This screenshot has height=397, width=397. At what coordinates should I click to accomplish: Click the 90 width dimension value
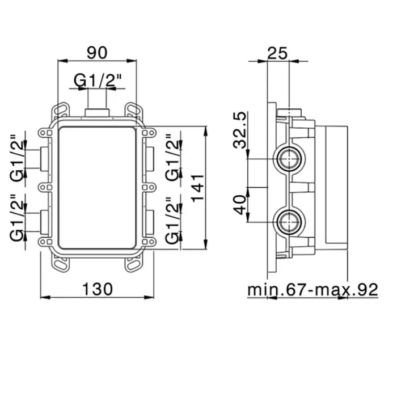pos(97,53)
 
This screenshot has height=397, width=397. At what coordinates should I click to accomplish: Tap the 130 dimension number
pos(98,289)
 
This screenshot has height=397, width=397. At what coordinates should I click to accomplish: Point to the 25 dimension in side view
pos(277,53)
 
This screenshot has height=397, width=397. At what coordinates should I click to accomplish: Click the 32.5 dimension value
pos(239,130)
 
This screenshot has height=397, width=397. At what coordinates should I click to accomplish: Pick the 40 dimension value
pos(239,205)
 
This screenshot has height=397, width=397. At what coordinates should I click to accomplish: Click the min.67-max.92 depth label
pos(312,289)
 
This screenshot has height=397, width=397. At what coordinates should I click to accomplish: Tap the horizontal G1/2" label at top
pos(98,81)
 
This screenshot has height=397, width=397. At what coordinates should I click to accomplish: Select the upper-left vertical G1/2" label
pos(16,158)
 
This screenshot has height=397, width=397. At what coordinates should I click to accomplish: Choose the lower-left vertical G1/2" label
pos(16,218)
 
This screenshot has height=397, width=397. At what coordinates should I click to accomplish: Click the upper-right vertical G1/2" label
pos(172,158)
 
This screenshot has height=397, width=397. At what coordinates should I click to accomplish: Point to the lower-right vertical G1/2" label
pos(172,221)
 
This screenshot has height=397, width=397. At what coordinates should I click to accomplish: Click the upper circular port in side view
pos(289,159)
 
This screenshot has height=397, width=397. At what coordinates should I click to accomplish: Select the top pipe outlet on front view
pos(97,112)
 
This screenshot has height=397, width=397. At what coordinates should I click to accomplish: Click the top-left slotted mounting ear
pos(60,111)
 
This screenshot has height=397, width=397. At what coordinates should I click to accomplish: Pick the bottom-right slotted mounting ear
pos(134,265)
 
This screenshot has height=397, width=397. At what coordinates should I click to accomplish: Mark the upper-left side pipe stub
pos(44,158)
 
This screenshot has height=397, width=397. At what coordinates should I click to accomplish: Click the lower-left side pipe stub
pos(44,222)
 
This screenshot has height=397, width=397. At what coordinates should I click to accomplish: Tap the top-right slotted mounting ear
pos(134,111)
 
